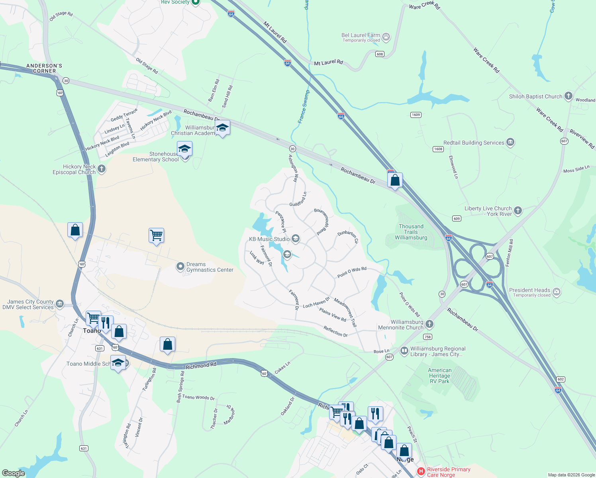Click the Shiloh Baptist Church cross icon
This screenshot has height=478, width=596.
pos(569,96)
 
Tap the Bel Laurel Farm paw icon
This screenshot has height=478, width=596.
pos(386,37)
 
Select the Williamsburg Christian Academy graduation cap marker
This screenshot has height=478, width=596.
pos(222,128)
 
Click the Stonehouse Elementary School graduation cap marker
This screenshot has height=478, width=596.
pos(184,149)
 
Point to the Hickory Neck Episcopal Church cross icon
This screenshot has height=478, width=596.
pos(102,169)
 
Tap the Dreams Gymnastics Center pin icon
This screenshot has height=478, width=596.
pos(180,266)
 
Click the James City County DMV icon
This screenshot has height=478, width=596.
pos(60,304)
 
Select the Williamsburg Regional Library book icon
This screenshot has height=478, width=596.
pos(404,351)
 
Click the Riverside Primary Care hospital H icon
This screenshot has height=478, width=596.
pos(421,472)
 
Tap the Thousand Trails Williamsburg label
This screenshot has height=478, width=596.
pos(411,232)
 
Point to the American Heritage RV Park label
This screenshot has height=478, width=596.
pos(439,376)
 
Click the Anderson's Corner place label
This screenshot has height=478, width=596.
pos(44,68)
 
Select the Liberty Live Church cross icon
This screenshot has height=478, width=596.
pos(518,211)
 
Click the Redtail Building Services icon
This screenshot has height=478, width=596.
pos(510,142)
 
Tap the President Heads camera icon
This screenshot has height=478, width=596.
pos(557,292)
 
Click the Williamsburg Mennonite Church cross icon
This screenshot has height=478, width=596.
pos(429,324)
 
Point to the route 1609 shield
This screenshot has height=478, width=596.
pos(416,115)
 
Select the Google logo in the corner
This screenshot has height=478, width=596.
pos(14,473)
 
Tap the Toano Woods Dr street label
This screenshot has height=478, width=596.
pos(198,397)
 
